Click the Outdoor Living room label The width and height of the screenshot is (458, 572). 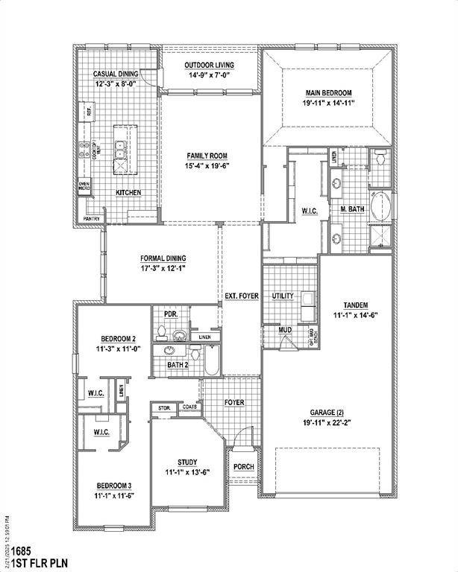click(x=210, y=66)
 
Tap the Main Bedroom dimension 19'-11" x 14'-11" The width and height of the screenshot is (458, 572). click(x=328, y=104)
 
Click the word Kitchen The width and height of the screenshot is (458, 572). click(x=128, y=192)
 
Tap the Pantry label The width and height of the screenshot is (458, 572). click(x=92, y=219)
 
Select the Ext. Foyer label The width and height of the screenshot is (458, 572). click(x=242, y=296)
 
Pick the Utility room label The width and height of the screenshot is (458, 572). click(x=283, y=296)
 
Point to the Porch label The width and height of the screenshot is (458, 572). click(x=243, y=467)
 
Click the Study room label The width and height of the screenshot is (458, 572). click(x=187, y=462)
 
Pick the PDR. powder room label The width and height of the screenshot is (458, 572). click(x=171, y=314)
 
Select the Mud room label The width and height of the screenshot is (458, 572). click(x=285, y=329)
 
